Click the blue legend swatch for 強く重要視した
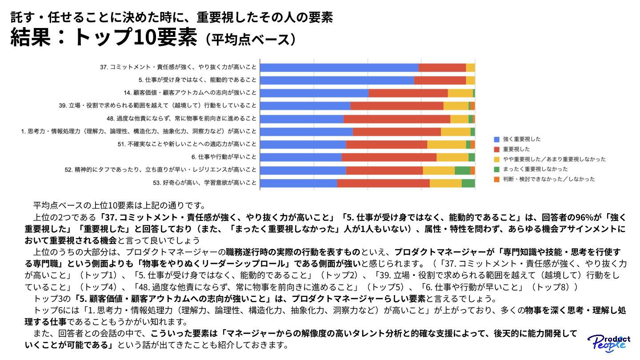click(x=497, y=139)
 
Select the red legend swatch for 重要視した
click(x=497, y=149)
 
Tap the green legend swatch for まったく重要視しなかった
click(x=497, y=169)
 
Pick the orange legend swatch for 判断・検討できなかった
click(x=497, y=179)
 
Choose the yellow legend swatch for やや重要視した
click(x=497, y=159)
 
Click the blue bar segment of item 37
click(x=339, y=68)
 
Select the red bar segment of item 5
click(x=440, y=80)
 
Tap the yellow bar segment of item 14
click(x=460, y=93)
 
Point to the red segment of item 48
click(x=397, y=119)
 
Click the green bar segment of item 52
click(x=462, y=170)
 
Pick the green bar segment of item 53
click(x=468, y=183)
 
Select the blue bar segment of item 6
click(x=300, y=157)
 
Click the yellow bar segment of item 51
click(x=446, y=144)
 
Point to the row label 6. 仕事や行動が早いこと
click(x=224, y=157)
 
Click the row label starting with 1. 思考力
click(x=139, y=132)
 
